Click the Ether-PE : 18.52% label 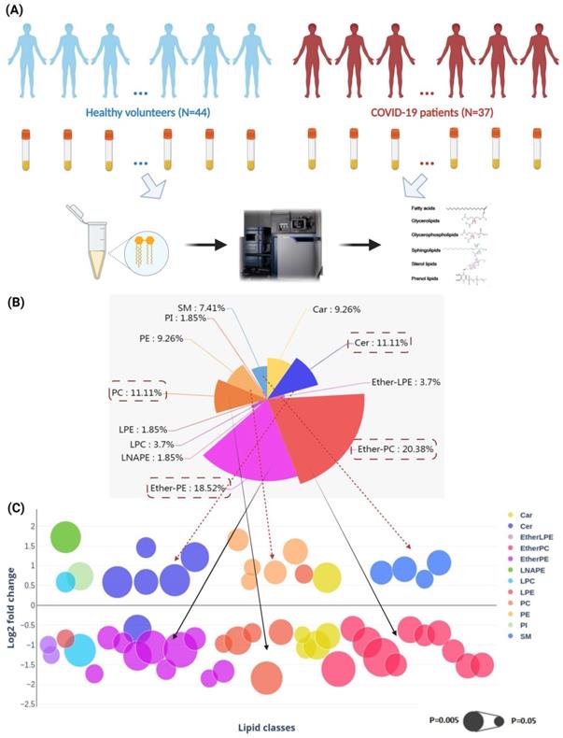[x=188, y=487]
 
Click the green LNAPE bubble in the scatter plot [x=67, y=537]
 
